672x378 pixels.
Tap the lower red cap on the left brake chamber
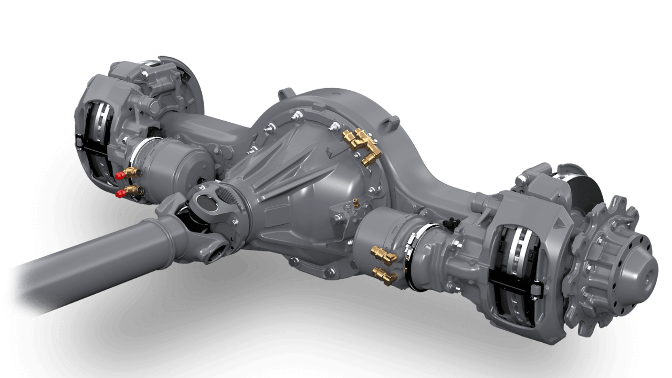121,193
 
